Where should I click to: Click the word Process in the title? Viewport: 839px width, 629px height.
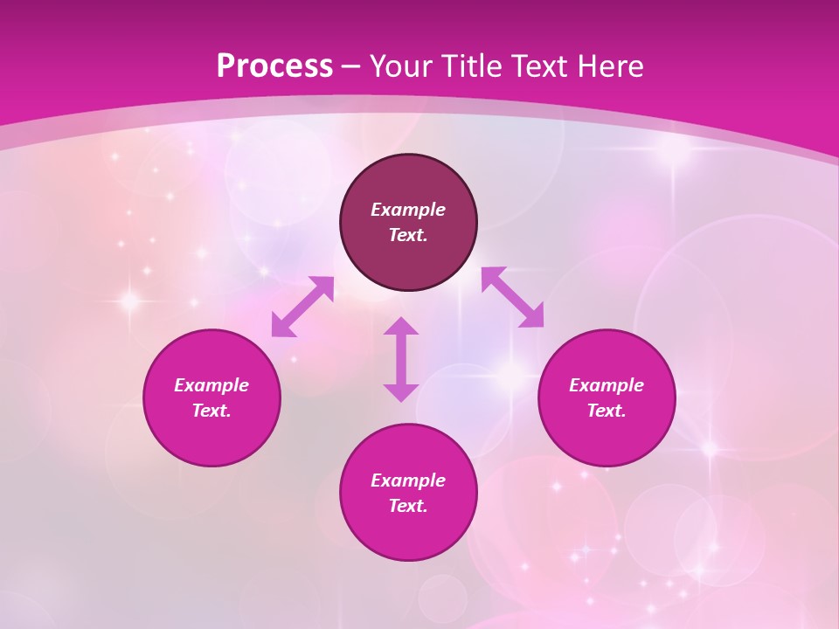point(274,66)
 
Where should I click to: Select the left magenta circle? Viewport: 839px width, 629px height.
point(211,437)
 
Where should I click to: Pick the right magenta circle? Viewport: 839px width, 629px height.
point(607,437)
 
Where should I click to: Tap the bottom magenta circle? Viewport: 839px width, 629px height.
point(408,533)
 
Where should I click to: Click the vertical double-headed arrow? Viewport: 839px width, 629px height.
point(401,359)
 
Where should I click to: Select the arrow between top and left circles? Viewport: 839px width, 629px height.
point(302,307)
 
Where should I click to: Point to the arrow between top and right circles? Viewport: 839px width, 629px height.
point(512,297)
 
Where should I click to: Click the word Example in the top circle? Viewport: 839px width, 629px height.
point(408,210)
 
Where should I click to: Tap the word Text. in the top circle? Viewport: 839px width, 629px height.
point(408,235)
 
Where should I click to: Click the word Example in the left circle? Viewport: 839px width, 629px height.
point(211,385)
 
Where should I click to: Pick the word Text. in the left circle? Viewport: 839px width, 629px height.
point(211,411)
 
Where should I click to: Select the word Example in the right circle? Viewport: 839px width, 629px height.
point(607,385)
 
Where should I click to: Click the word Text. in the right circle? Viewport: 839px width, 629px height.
point(607,411)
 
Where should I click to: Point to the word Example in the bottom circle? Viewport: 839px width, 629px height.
point(408,480)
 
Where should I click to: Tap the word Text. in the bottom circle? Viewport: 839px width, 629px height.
point(408,506)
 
